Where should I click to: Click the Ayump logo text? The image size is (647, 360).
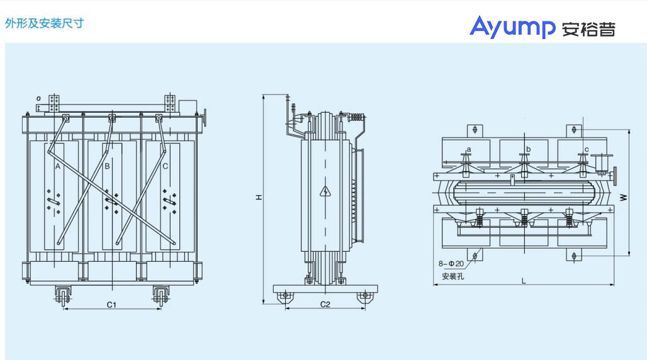[x=512, y=27]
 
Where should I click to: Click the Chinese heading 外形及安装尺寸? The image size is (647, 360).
[x=45, y=23]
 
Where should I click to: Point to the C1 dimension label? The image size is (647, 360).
[x=112, y=305]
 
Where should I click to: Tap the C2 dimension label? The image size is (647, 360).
[x=325, y=304]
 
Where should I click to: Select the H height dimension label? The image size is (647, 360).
[x=259, y=198]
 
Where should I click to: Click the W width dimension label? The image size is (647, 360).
[x=624, y=198]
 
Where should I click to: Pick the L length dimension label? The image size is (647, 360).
[x=524, y=281]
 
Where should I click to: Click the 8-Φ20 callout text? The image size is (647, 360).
[x=451, y=264]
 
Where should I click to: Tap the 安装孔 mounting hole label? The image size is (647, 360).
[x=453, y=276]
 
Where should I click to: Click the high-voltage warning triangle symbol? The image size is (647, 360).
[x=325, y=191]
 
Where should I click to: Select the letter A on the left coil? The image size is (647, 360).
[x=58, y=166]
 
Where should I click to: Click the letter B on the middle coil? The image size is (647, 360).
[x=107, y=166]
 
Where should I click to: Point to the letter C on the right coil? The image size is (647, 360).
[x=165, y=166]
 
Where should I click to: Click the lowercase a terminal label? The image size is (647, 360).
[x=469, y=149]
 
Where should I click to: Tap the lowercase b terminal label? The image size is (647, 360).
[x=528, y=149]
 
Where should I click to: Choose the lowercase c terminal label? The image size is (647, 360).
[x=587, y=149]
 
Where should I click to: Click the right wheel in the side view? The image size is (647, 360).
[x=364, y=296]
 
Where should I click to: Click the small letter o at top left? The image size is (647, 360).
[x=38, y=98]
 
